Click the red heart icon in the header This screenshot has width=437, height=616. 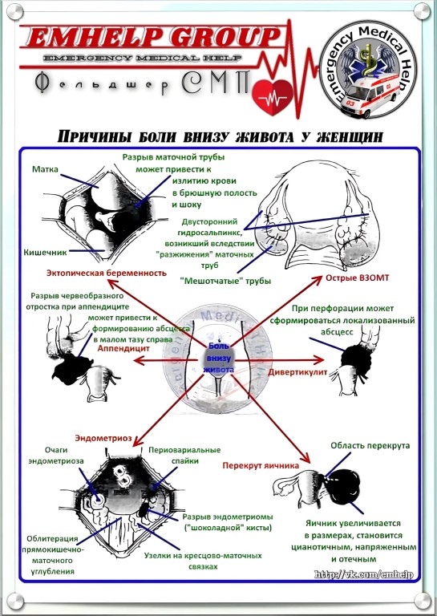pyautogui.click(x=273, y=97)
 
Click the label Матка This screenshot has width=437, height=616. pyautogui.click(x=45, y=169)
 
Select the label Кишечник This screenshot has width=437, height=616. pyautogui.click(x=45, y=252)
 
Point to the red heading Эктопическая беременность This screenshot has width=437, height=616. pyautogui.click(x=107, y=273)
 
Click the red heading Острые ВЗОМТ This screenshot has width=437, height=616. pyautogui.click(x=358, y=278)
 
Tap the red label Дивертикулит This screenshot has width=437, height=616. pyautogui.click(x=297, y=371)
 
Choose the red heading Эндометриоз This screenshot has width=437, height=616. pyautogui.click(x=103, y=438)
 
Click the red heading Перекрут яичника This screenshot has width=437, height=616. pyautogui.click(x=261, y=465)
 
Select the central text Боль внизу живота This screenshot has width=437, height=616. pyautogui.click(x=219, y=358)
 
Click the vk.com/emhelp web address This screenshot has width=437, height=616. pyautogui.click(x=363, y=574)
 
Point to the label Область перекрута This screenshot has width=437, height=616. pyautogui.click(x=370, y=445)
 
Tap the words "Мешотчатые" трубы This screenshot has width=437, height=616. pyautogui.click(x=225, y=281)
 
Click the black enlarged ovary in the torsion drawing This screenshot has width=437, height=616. pyautogui.click(x=343, y=486)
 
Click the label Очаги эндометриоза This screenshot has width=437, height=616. pyautogui.click(x=56, y=456)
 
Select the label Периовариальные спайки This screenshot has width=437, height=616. pyautogui.click(x=184, y=456)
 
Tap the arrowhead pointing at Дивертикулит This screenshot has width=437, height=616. pyautogui.click(x=319, y=360)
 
